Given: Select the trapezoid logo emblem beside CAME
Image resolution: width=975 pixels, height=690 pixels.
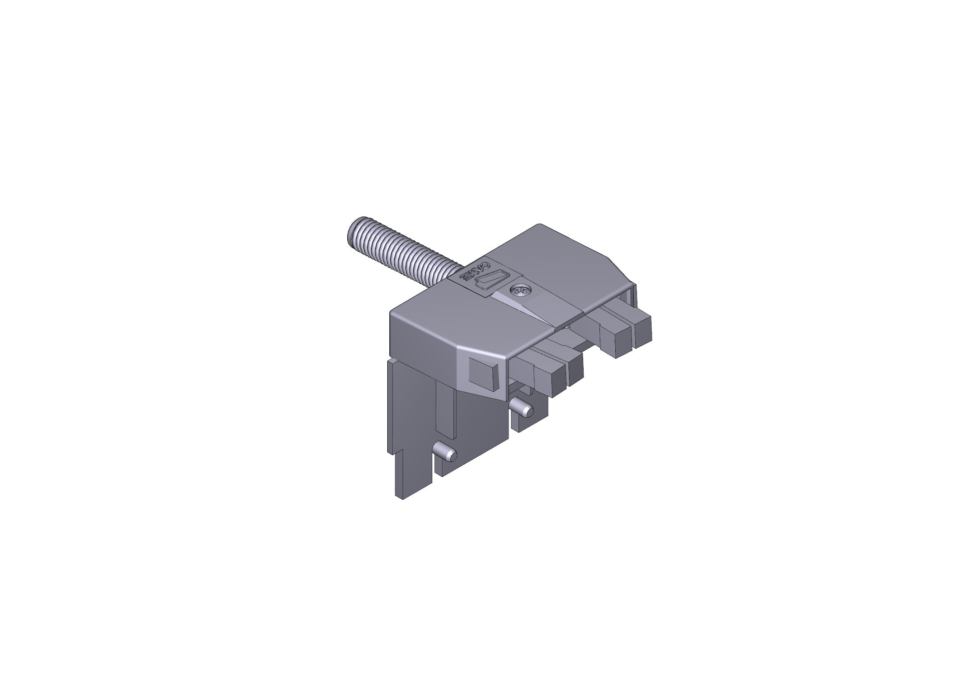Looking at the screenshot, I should click(492, 280).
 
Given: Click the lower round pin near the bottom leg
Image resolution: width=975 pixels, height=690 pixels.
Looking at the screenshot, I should click(448, 455).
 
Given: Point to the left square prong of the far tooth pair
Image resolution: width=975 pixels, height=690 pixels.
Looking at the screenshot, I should click(616, 341).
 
